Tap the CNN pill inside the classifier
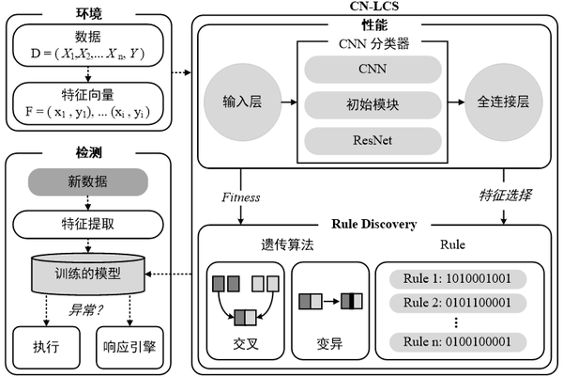click(371, 69)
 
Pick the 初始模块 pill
click(371, 104)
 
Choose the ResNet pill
click(371, 141)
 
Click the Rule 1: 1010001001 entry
click(458, 279)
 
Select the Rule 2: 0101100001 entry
click(458, 303)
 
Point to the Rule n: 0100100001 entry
click(458, 343)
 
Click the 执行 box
click(45, 347)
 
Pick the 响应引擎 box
click(131, 347)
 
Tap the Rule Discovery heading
click(373, 224)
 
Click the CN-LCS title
click(373, 8)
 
